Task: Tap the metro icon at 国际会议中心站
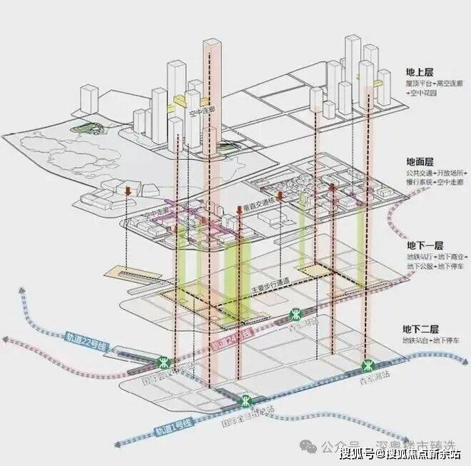coord(166,362)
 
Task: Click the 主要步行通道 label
coord(270,289)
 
